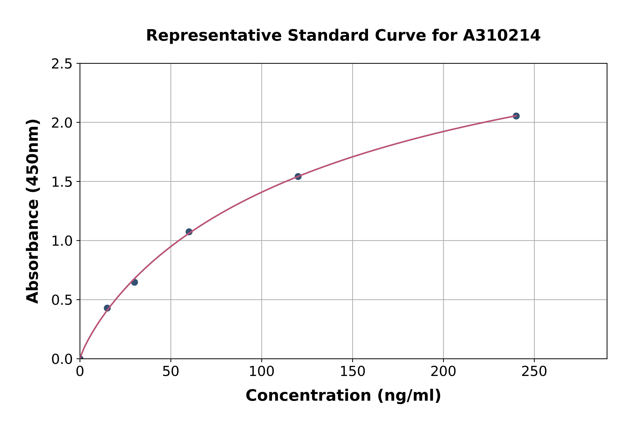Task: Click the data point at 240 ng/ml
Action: [x=516, y=116]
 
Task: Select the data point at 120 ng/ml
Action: [x=298, y=177]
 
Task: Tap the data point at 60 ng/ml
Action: [x=189, y=232]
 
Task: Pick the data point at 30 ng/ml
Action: [x=134, y=282]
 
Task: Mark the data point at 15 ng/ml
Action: [x=107, y=308]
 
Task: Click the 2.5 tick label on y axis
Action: [x=62, y=64]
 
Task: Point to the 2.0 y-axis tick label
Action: [x=62, y=123]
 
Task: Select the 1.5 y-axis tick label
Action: [x=62, y=182]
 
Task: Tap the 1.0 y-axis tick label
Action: [x=62, y=241]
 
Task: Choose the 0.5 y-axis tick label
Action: [x=62, y=300]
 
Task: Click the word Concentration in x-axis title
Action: [x=308, y=396]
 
